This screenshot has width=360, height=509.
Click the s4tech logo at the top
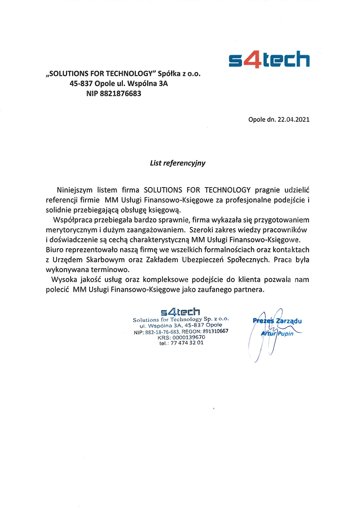click(x=269, y=60)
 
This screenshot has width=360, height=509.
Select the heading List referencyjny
click(x=177, y=163)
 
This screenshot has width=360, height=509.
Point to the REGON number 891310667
click(x=212, y=331)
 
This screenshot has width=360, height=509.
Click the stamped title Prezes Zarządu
click(x=277, y=321)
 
